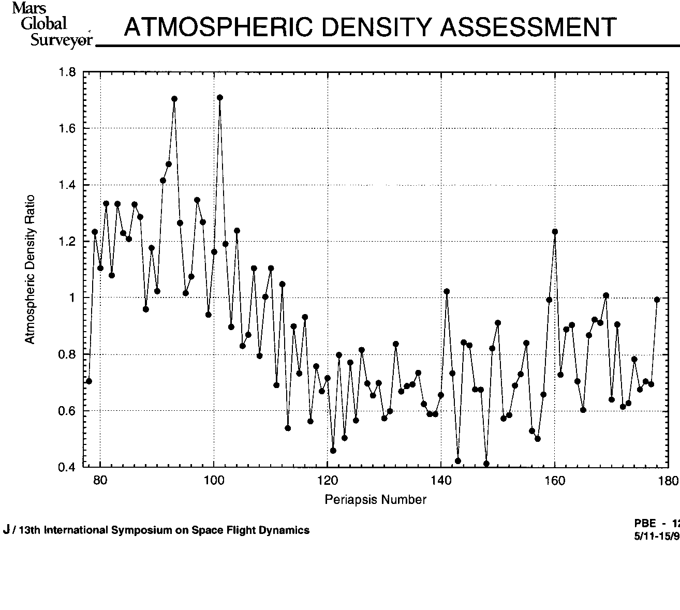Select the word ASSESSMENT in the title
528,27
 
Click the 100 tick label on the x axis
214,481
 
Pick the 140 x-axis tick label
441,481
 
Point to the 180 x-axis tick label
669,481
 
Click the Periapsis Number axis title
376,500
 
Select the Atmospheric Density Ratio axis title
30,269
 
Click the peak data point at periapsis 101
220,97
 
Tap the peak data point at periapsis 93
174,98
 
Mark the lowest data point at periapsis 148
486,464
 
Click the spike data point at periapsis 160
555,231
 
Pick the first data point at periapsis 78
89,381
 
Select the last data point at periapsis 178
657,299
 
